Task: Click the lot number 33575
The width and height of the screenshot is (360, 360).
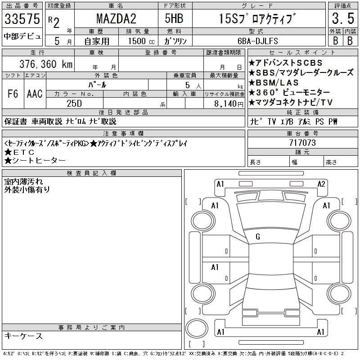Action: pos(22,19)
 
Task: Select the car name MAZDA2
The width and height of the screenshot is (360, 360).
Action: pos(116,18)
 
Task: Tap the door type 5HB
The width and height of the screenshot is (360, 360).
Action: pos(174,18)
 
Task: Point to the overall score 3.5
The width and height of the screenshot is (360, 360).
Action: pos(343,18)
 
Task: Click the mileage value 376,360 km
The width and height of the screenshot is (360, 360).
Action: pos(46,64)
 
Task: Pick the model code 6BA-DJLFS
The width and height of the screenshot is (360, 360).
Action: pos(258,41)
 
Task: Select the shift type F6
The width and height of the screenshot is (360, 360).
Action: pos(13,94)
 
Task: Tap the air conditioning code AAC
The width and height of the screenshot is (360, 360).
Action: pos(35,94)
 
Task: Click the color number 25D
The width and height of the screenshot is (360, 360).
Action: pos(74,103)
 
